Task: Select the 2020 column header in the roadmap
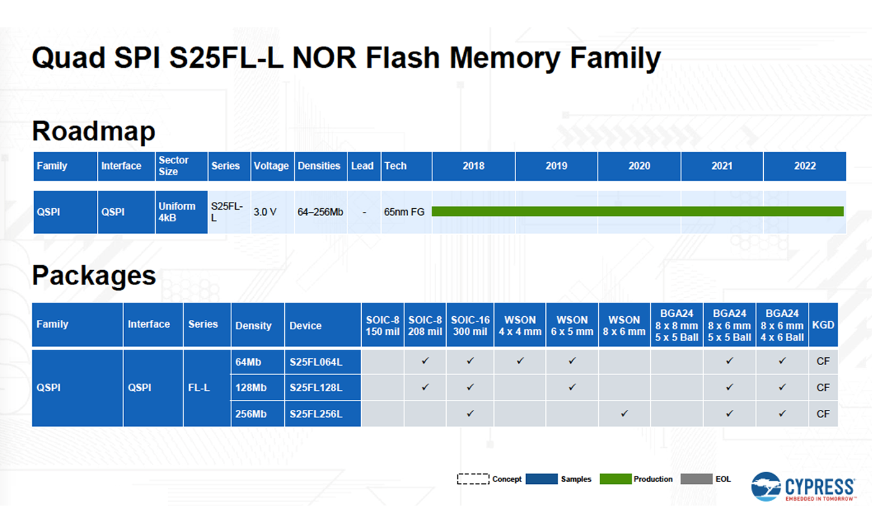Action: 639,166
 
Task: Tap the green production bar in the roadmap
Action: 637,211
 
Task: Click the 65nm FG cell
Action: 404,212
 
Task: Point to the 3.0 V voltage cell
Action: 265,212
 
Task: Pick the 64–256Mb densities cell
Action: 320,212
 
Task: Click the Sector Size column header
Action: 181,166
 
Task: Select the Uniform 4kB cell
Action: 181,212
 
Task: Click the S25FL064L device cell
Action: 323,361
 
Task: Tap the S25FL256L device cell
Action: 323,414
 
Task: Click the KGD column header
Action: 823,325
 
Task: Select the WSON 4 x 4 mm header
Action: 520,325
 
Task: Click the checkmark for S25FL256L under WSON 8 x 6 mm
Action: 624,414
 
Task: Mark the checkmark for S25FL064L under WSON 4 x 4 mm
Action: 520,361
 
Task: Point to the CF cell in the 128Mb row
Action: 823,388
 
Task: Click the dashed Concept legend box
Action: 473,479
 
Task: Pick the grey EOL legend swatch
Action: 696,479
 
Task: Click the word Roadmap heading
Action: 94,132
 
